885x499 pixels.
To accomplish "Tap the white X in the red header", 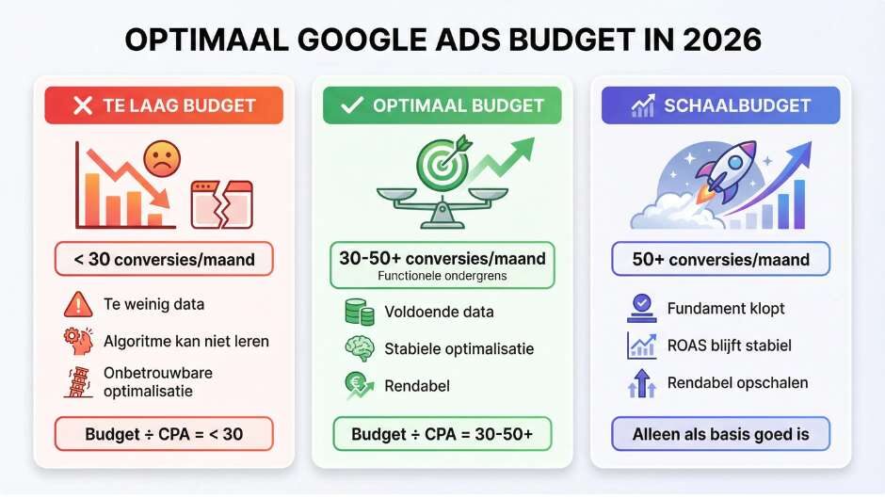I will click(x=82, y=105).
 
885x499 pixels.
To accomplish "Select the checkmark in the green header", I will click(x=351, y=105).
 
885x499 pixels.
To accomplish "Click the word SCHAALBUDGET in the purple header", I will click(x=735, y=105).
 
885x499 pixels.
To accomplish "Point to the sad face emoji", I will click(x=161, y=159).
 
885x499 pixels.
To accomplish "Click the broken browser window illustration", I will click(x=221, y=204).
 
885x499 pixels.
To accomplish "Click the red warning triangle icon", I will click(x=76, y=305).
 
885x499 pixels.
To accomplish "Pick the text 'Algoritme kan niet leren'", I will click(x=186, y=340).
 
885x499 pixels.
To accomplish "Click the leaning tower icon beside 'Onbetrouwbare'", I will click(x=76, y=381).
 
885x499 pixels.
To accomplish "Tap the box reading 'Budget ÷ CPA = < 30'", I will click(x=164, y=434).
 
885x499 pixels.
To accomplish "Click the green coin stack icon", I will click(x=359, y=312).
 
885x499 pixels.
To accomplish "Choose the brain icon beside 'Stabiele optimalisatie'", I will click(x=359, y=348).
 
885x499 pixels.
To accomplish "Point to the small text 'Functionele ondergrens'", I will click(x=442, y=276).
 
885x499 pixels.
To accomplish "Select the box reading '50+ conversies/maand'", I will click(x=721, y=259).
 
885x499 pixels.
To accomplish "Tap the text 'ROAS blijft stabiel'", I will click(x=729, y=346).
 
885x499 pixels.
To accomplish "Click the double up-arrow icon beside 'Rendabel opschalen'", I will click(x=641, y=383).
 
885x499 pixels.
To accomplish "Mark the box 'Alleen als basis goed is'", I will click(x=721, y=435).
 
